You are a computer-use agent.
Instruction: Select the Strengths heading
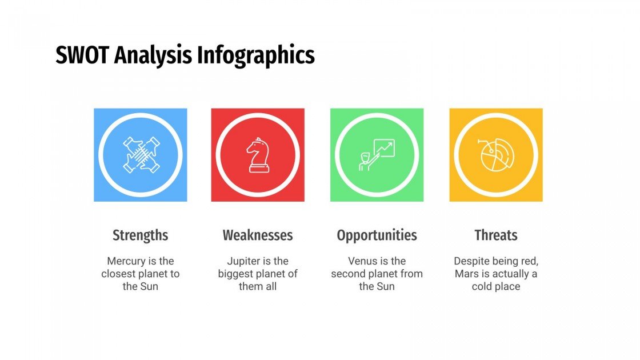pos(140,235)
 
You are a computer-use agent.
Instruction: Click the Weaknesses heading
pos(258,235)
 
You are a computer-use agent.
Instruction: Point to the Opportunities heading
pos(377,235)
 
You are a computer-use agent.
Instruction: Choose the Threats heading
pos(495,235)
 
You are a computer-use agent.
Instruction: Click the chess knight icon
pos(257,155)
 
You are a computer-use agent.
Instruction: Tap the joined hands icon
pos(141,155)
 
